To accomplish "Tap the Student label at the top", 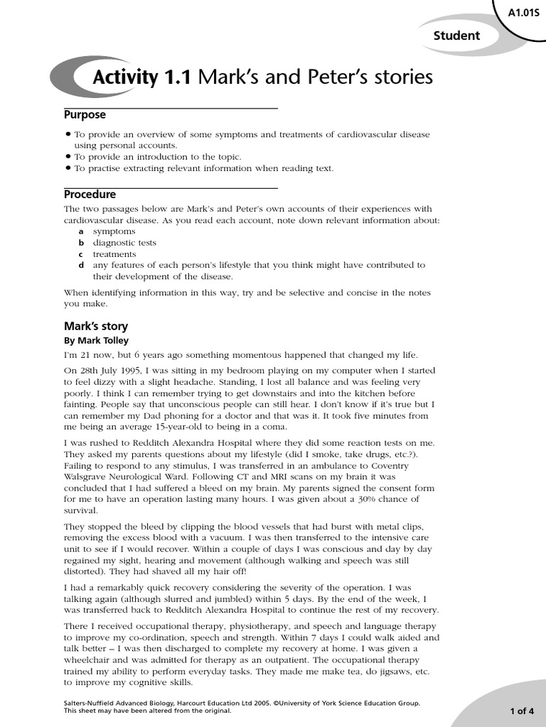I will coord(456,35).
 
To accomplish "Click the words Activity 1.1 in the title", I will coord(142,77).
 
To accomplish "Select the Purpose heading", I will coord(85,114).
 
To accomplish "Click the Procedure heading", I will coord(90,194).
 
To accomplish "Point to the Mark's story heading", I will coord(96,327).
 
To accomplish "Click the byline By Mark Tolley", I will coord(97,340).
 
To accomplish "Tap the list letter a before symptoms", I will coord(81,231).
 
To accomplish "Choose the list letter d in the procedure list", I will coord(81,265).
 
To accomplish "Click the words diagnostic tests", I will coord(124,242).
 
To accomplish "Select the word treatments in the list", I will coord(114,253).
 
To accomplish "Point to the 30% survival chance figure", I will coord(378,499).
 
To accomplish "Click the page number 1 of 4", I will coord(518,710).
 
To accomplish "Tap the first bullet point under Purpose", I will coord(68,134).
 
